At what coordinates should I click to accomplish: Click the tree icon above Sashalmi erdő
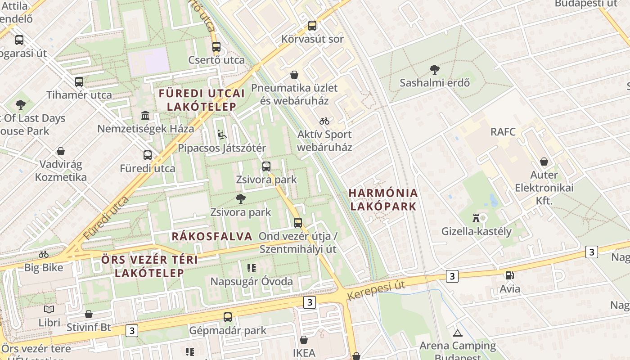click(434, 69)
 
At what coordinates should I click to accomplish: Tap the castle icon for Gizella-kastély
click(475, 218)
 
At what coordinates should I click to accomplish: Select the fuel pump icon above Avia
click(509, 275)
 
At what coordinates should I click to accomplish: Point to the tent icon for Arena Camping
click(458, 333)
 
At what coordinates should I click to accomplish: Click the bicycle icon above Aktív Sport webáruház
click(324, 121)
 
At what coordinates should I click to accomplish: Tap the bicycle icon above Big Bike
click(44, 254)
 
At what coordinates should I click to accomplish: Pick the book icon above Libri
click(49, 310)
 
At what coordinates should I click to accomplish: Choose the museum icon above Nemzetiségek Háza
click(145, 116)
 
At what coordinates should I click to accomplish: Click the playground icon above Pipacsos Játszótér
click(221, 135)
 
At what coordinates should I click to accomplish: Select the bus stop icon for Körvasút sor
click(312, 26)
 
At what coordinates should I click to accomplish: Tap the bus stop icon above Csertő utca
click(216, 47)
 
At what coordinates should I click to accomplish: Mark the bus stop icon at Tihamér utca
click(79, 82)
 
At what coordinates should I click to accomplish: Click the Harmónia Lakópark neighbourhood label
click(383, 199)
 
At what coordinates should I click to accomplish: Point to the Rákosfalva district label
click(212, 236)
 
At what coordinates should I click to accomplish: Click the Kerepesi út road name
click(376, 291)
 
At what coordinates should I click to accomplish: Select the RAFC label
click(503, 132)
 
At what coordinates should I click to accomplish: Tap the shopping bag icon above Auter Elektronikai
click(544, 162)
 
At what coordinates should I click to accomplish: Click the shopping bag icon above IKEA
click(304, 340)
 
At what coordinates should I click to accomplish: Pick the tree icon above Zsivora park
click(241, 198)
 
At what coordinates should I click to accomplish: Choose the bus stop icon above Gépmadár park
click(228, 317)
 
